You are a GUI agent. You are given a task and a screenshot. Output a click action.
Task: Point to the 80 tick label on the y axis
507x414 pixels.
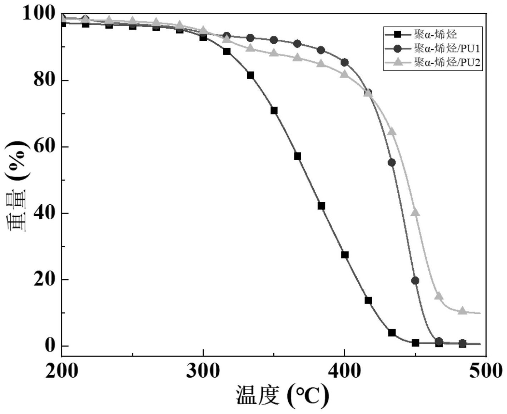[x=45, y=80]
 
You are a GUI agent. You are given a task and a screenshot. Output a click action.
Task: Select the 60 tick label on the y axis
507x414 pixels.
[x=45, y=146]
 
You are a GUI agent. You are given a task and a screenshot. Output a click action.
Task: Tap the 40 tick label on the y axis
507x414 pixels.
[x=45, y=213]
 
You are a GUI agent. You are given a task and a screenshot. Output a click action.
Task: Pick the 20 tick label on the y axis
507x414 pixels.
[x=45, y=279]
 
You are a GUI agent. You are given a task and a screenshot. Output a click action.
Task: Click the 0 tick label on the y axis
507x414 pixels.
[x=50, y=345]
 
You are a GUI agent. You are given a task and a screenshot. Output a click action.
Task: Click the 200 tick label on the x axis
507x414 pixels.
[x=61, y=371]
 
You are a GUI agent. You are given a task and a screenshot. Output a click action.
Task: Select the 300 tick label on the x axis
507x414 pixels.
[x=203, y=371]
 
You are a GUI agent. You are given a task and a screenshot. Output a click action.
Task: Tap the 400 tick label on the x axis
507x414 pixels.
[x=344, y=371]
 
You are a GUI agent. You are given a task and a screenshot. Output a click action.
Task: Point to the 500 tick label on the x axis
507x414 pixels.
[x=485, y=371]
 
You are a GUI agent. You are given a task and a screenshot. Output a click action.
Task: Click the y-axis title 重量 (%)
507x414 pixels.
[x=16, y=186]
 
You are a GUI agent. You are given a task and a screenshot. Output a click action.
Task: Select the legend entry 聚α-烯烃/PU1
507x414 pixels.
[x=447, y=48]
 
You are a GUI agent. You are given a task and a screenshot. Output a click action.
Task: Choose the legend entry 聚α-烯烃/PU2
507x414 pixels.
[x=447, y=62]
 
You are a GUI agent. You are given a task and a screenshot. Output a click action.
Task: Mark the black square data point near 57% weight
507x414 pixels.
[x=297, y=156]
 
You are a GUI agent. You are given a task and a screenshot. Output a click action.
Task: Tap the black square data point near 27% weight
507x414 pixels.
[x=345, y=255]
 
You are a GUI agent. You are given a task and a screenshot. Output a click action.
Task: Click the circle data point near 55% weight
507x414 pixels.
[x=392, y=163]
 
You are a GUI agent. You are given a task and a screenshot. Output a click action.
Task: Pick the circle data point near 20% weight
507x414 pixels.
[x=415, y=280]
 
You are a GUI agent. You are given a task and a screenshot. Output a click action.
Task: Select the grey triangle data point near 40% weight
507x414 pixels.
[x=415, y=213]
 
